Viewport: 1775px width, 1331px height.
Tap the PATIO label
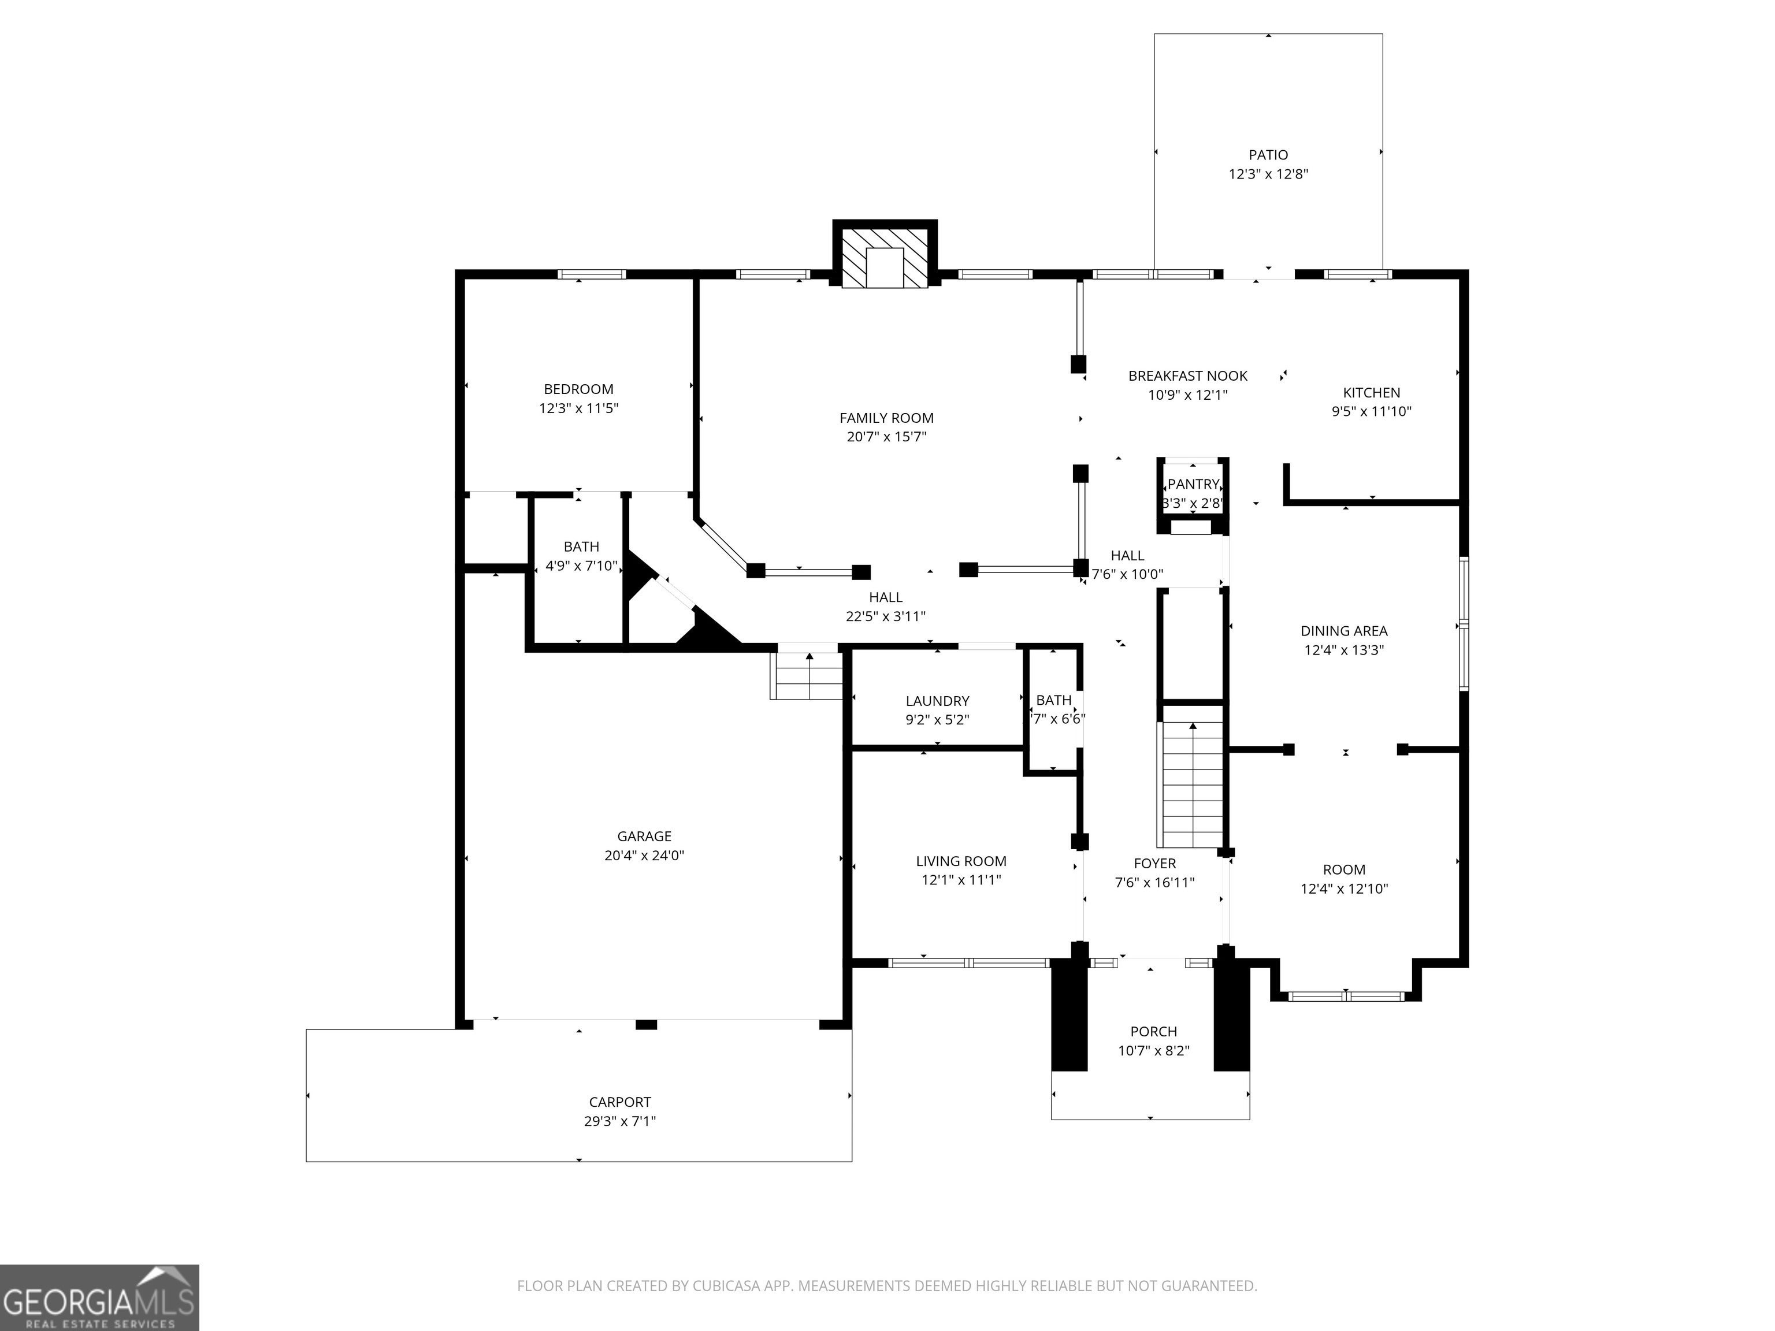(1268, 155)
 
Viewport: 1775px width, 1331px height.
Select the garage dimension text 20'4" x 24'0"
(644, 855)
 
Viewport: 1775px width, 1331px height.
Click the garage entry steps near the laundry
(807, 675)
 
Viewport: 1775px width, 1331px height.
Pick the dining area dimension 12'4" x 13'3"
(1343, 650)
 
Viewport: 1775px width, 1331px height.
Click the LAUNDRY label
(937, 701)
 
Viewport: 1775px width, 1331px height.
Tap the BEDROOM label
(578, 389)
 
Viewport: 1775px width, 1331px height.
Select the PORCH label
(1153, 1032)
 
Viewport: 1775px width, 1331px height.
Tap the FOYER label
(1154, 863)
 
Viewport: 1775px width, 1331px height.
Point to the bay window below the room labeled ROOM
(1346, 997)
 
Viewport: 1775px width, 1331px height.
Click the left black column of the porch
(1069, 1015)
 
